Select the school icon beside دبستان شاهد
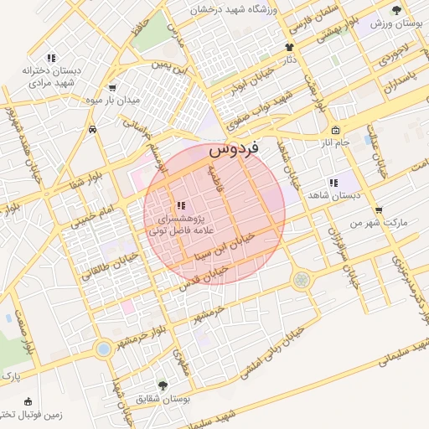(x=333, y=182)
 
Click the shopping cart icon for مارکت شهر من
(x=379, y=210)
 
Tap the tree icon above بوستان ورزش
(x=396, y=10)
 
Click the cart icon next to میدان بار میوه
(x=112, y=87)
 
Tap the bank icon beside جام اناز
(x=335, y=130)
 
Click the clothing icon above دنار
(x=289, y=47)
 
